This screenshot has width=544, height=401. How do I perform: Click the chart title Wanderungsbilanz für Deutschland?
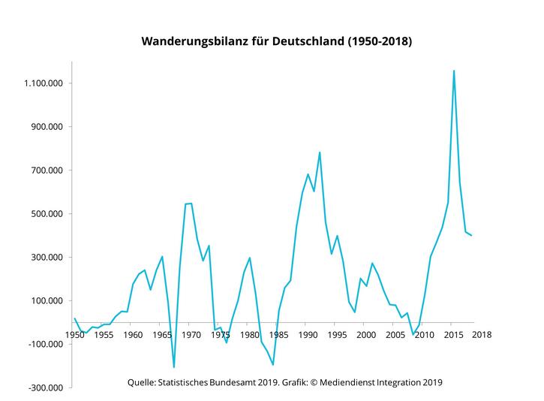277,42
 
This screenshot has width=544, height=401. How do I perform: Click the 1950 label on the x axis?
74,334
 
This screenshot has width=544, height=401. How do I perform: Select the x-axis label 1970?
191,334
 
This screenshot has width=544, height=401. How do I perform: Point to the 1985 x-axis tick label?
278,334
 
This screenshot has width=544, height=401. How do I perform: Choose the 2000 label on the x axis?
365,334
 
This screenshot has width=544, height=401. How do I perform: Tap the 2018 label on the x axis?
481,334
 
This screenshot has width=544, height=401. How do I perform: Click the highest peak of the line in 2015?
453,71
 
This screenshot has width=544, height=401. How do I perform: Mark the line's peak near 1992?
320,152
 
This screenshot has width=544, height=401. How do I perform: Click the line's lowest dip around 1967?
173,367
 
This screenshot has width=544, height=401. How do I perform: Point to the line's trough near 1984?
272,365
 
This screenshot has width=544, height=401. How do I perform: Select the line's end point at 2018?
471,236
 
